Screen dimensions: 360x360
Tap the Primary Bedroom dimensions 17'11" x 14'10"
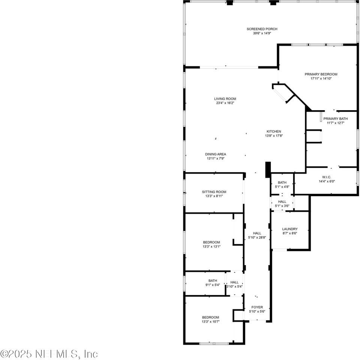(x=321, y=79)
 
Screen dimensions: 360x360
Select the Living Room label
(x=225, y=99)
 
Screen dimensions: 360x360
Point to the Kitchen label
(x=274, y=131)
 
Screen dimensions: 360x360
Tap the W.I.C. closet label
(x=327, y=177)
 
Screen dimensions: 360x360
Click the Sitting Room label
(x=214, y=192)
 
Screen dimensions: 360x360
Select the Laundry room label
(x=290, y=229)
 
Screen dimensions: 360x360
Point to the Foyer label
(x=257, y=307)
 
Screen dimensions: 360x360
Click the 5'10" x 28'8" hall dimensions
(x=257, y=237)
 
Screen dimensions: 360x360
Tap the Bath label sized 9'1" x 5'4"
(x=213, y=280)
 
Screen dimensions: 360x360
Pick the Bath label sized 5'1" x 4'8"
(x=282, y=182)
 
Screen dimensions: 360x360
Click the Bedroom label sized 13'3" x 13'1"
(x=211, y=242)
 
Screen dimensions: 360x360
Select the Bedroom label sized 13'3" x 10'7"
(x=210, y=317)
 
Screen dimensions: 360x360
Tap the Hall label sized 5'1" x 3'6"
(x=282, y=202)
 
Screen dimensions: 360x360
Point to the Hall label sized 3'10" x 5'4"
(x=234, y=282)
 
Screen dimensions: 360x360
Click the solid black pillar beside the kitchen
(x=268, y=169)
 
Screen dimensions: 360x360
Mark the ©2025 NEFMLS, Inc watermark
(x=49, y=354)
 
